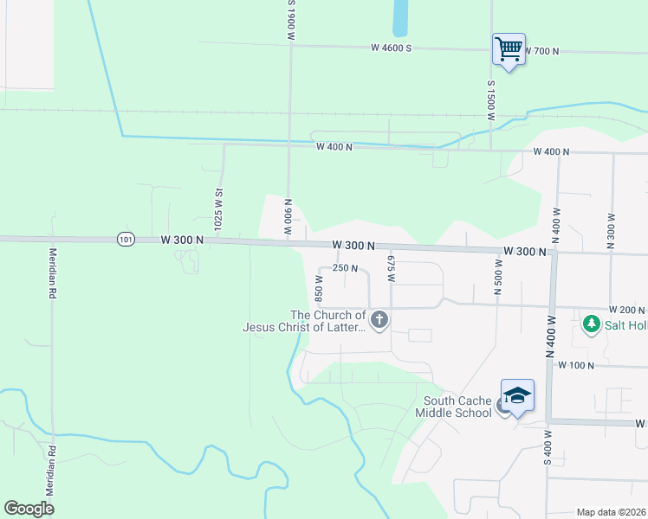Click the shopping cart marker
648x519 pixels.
(509, 48)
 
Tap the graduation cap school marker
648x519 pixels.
(517, 396)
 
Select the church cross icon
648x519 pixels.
(379, 321)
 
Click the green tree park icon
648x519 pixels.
(592, 324)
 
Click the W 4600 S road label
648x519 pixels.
(390, 48)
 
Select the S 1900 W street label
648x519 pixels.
(292, 20)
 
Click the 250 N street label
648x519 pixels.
(346, 268)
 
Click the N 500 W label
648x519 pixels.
(498, 277)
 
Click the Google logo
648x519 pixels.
(29, 509)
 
